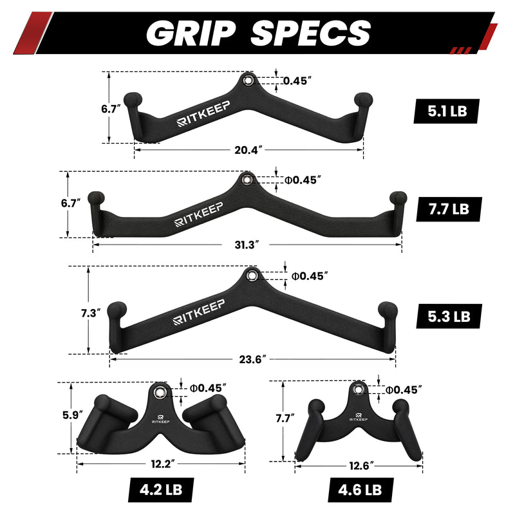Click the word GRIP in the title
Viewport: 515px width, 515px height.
point(191,33)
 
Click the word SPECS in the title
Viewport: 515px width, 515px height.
point(311,33)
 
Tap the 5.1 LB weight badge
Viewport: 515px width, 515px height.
point(447,111)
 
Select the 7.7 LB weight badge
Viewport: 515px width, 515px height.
point(449,209)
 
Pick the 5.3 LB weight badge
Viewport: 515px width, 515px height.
point(449,316)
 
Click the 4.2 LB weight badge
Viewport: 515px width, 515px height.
point(161,490)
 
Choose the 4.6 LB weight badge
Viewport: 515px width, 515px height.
point(360,490)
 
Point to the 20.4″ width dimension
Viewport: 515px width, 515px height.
point(248,150)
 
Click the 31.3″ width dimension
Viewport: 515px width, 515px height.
point(247,245)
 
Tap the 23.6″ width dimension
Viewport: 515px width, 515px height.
point(252,359)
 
